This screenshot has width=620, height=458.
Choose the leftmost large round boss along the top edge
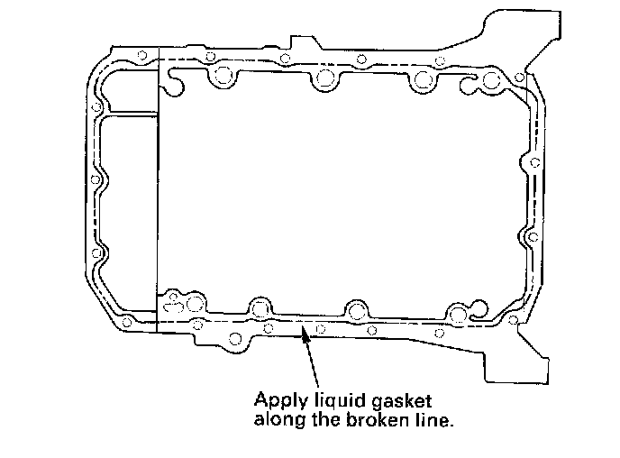point(220,78)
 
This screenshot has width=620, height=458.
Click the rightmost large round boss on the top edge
point(492,82)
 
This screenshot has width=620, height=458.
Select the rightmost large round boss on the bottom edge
point(459,315)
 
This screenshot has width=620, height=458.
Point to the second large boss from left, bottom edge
point(261,307)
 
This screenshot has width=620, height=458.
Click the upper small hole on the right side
point(534,163)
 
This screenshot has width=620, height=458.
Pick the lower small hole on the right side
point(533,237)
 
